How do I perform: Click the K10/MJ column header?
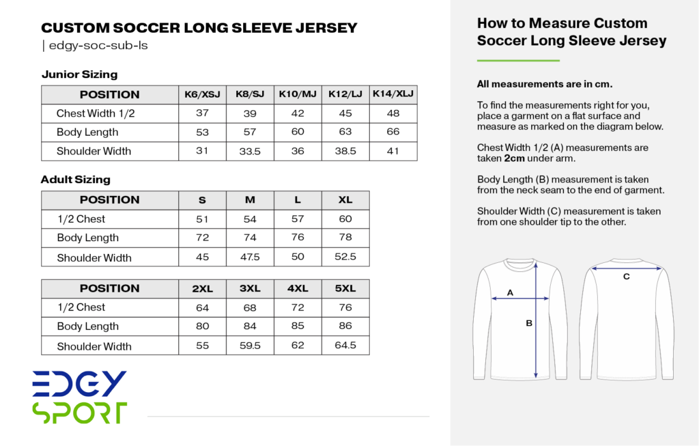[x=298, y=94]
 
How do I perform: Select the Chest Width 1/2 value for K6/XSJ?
[x=202, y=113]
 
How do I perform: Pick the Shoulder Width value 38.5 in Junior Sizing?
[x=345, y=151]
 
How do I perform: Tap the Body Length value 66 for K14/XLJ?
[x=393, y=132]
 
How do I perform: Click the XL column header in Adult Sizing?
[x=345, y=199]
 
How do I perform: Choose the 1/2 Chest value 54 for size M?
[x=250, y=219]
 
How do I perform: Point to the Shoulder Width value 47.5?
[x=250, y=257]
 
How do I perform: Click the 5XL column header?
[x=345, y=288]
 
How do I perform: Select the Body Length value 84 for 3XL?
[x=250, y=326]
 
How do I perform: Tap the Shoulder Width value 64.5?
[x=345, y=345]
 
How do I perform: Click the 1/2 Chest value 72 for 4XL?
[x=298, y=307]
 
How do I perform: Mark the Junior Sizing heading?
[x=79, y=74]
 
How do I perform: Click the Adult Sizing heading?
[x=75, y=180]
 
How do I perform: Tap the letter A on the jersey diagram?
[x=510, y=292]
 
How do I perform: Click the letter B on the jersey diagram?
[x=529, y=323]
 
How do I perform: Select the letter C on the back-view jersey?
[x=626, y=277]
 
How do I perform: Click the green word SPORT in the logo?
[x=79, y=413]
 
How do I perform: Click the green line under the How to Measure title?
[x=518, y=61]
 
